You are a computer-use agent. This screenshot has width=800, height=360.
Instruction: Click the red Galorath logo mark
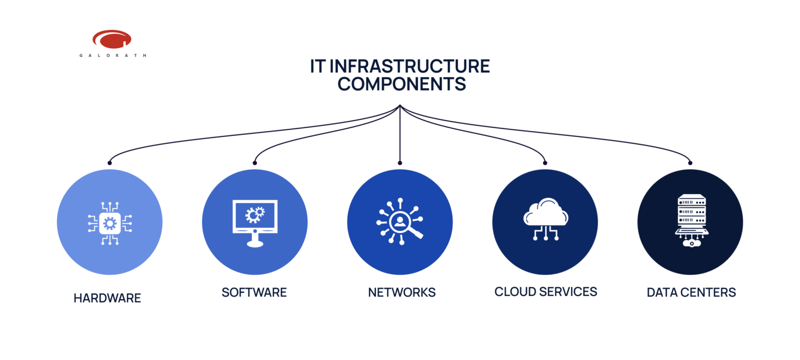(x=111, y=39)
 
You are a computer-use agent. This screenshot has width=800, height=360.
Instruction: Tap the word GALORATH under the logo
(x=113, y=55)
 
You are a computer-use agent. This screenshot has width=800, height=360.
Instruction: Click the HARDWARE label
(x=107, y=299)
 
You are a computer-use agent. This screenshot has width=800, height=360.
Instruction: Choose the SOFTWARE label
(x=254, y=292)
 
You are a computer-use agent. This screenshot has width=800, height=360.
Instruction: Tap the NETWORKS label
(x=402, y=292)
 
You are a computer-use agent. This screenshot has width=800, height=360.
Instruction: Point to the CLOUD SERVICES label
(x=545, y=292)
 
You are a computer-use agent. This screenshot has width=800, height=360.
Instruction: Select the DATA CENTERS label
(x=691, y=292)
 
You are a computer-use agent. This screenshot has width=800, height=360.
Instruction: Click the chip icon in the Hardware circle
(x=110, y=223)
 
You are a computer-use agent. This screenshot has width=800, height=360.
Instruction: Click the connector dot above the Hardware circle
(x=109, y=163)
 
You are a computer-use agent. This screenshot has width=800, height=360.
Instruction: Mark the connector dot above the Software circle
(x=255, y=163)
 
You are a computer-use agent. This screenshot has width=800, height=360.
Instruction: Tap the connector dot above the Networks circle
(x=400, y=163)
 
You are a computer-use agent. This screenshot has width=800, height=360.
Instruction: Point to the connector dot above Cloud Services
(x=545, y=163)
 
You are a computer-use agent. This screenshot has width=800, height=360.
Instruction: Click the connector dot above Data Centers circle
(x=690, y=163)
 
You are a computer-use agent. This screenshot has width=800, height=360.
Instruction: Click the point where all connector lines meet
(x=400, y=106)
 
